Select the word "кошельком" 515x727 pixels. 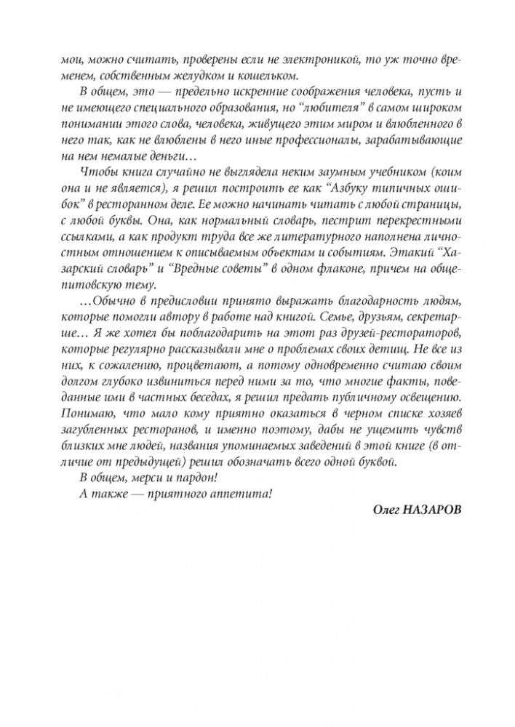click(x=294, y=77)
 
